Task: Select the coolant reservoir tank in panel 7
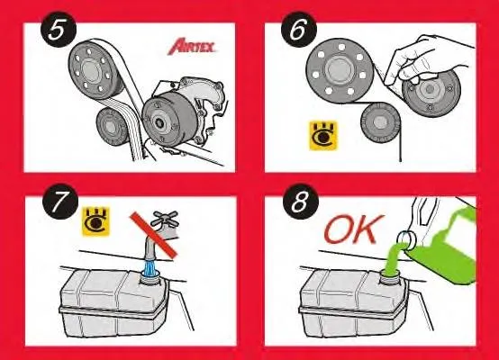113,306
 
